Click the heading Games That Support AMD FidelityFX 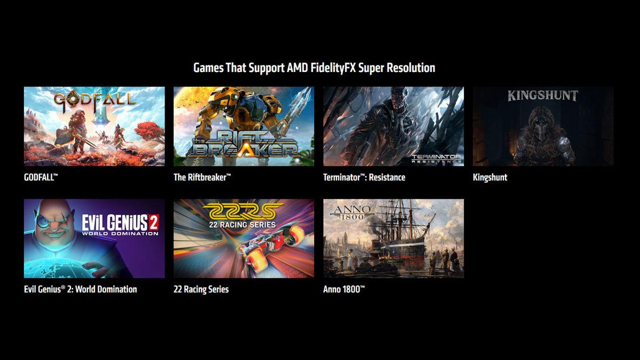coord(314,68)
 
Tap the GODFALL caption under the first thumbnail coord(41,177)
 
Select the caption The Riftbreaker coord(202,177)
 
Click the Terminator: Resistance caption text coord(364,177)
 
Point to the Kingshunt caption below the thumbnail coord(490,177)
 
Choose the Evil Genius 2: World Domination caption coord(80,289)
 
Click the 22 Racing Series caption coord(201,289)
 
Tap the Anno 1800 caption coord(344,289)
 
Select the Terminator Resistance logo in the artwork coord(436,158)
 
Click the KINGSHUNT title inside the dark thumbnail coord(542,96)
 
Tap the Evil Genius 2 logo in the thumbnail coord(120,225)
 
